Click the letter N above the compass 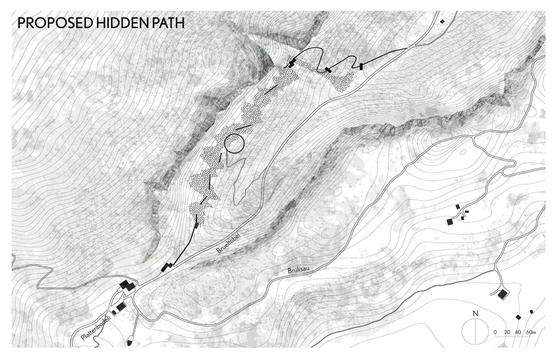pyautogui.click(x=476, y=314)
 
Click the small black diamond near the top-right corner pyautogui.click(x=442, y=22)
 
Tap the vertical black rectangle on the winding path pyautogui.click(x=361, y=66)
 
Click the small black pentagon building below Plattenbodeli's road pyautogui.click(x=129, y=342)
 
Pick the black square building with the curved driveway pyautogui.click(x=502, y=294)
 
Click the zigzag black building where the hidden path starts pyautogui.click(x=167, y=267)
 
